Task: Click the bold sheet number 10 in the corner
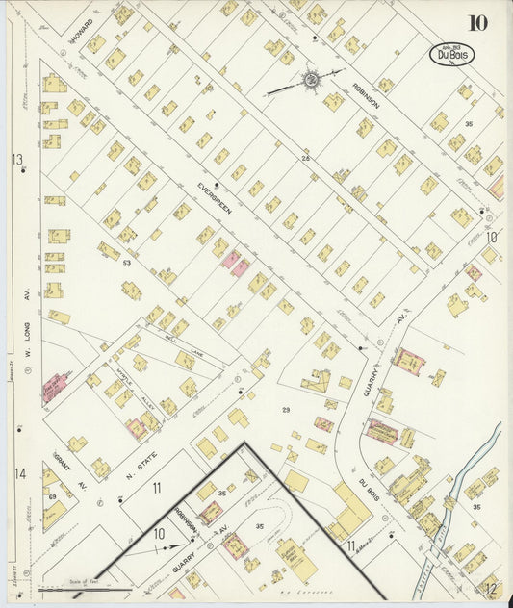click(x=477, y=22)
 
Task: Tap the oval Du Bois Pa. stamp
click(x=451, y=54)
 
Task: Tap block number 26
click(x=305, y=158)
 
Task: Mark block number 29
click(x=285, y=410)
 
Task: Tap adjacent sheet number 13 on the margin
click(x=16, y=159)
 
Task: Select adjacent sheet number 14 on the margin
click(x=18, y=473)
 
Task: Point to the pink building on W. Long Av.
click(x=53, y=387)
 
